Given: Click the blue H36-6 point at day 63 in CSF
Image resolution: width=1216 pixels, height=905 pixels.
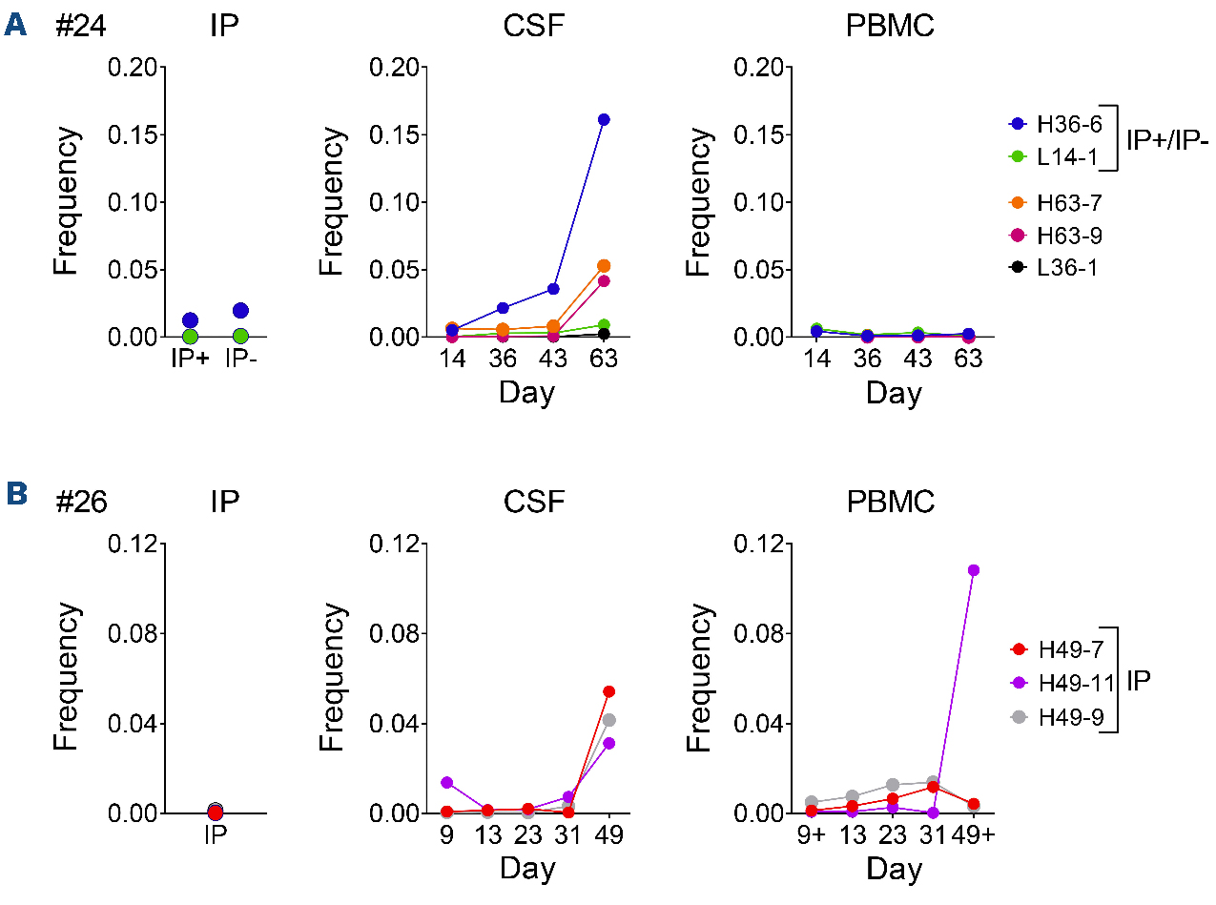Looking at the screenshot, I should point(604,119).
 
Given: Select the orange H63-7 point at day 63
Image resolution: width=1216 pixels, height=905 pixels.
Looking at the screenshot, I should point(604,266).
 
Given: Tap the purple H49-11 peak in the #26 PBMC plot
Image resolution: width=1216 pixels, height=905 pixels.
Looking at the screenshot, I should point(973,570).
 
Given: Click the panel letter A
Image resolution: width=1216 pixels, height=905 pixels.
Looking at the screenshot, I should point(16,25).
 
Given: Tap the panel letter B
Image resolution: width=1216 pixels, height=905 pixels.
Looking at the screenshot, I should point(16,494).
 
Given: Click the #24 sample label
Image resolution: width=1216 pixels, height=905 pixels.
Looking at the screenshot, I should point(80,27).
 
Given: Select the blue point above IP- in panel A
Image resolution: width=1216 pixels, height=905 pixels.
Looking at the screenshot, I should point(240,311).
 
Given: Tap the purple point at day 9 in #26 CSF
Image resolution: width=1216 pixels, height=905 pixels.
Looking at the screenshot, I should point(447,782).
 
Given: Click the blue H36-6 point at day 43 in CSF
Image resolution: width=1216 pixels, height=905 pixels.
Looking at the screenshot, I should point(552,289).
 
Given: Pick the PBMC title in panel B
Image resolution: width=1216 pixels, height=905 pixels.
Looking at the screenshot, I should point(891,503).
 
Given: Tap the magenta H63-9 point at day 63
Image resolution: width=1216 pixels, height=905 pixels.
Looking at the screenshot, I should point(604,281).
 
